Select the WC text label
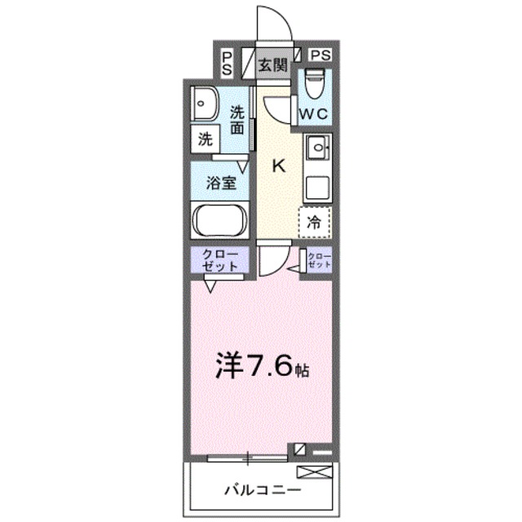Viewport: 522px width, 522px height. pos(314,114)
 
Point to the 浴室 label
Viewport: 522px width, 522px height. pos(219,184)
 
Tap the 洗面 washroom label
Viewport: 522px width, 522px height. pos(237,120)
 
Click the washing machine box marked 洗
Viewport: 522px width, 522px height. pos(206,139)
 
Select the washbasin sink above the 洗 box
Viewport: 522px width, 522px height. pos(204,104)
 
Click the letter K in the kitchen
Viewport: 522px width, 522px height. pos(278,166)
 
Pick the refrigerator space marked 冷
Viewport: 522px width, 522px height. pos(314,219)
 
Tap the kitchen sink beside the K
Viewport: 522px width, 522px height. pos(316,148)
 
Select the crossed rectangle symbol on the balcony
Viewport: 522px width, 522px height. pos(315,471)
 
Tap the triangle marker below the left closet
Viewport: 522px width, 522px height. pos(210,285)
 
